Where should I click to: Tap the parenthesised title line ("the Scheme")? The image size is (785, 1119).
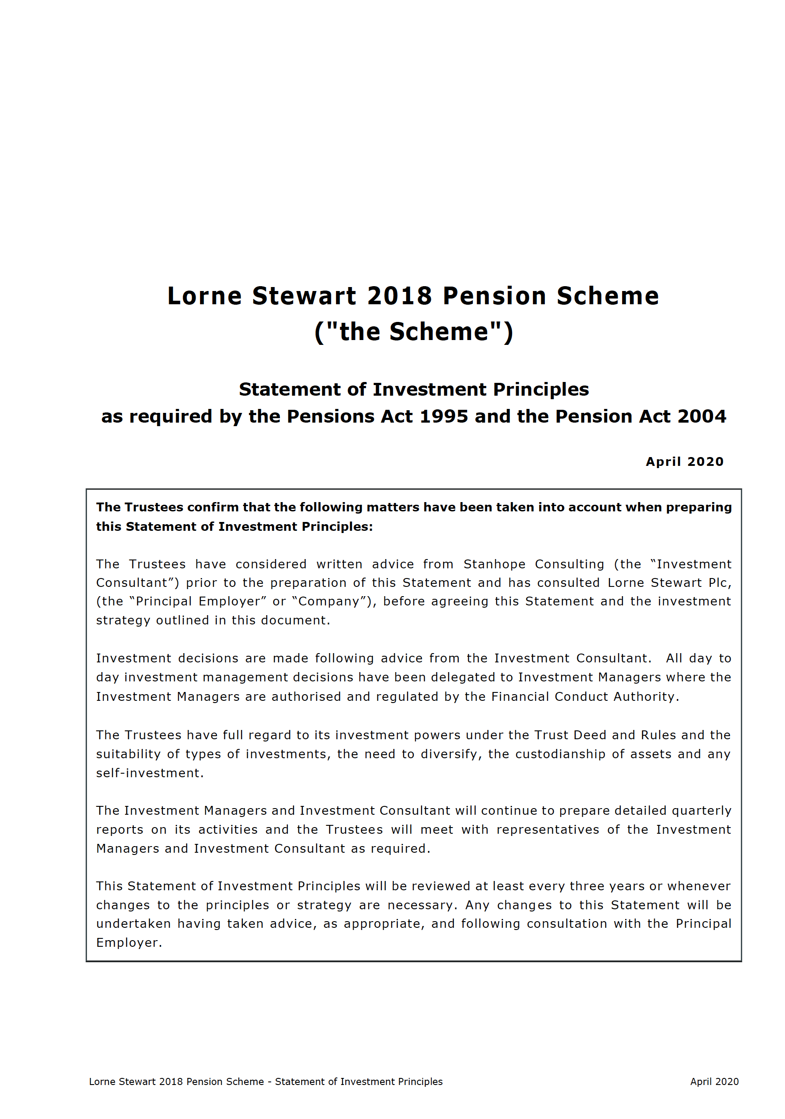413,332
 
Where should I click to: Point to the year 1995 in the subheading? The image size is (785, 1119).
443,416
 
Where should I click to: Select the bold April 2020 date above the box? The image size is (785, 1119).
684,461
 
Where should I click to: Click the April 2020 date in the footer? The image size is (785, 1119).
714,1081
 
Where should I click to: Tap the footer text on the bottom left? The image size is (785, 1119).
265,1081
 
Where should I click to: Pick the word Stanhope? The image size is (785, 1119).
494,564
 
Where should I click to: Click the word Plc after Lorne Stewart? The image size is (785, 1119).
718,582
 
